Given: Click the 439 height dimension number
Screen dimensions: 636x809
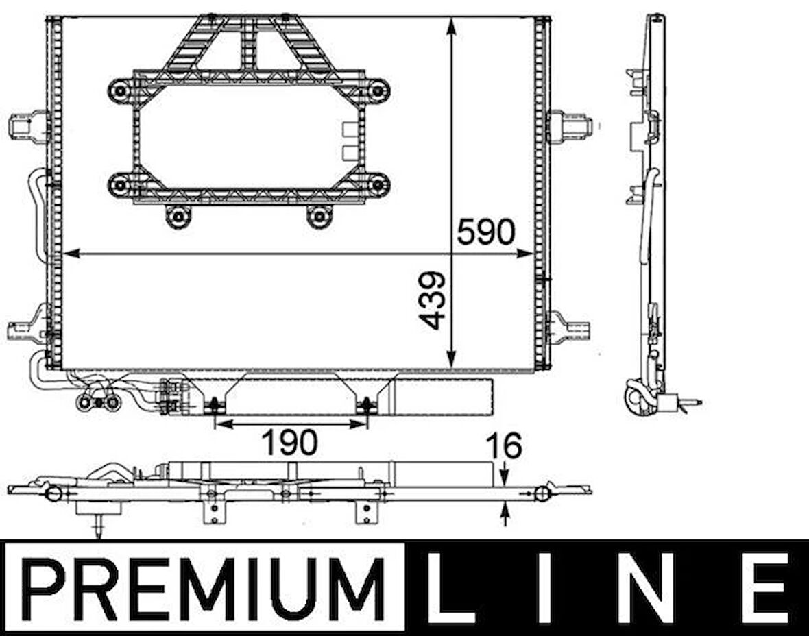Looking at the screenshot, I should pos(433,301).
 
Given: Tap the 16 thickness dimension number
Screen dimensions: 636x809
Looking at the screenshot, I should pos(504,446).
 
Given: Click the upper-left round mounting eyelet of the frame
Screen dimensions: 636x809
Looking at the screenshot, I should pos(121,90).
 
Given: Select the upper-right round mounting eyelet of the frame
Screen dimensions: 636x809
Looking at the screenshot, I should pos(377,90).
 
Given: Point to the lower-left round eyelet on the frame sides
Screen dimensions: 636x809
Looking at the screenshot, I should pos(121,184).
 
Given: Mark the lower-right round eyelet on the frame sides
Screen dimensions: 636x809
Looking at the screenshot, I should pos(377,184).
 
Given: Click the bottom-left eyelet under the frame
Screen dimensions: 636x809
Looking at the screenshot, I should pos(178,217).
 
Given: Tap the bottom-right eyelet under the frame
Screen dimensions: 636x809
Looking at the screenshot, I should pos(319,217).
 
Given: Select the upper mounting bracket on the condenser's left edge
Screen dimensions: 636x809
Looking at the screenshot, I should pos(27,127).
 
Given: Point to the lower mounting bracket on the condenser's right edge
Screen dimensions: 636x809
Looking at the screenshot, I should pos(570,328).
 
